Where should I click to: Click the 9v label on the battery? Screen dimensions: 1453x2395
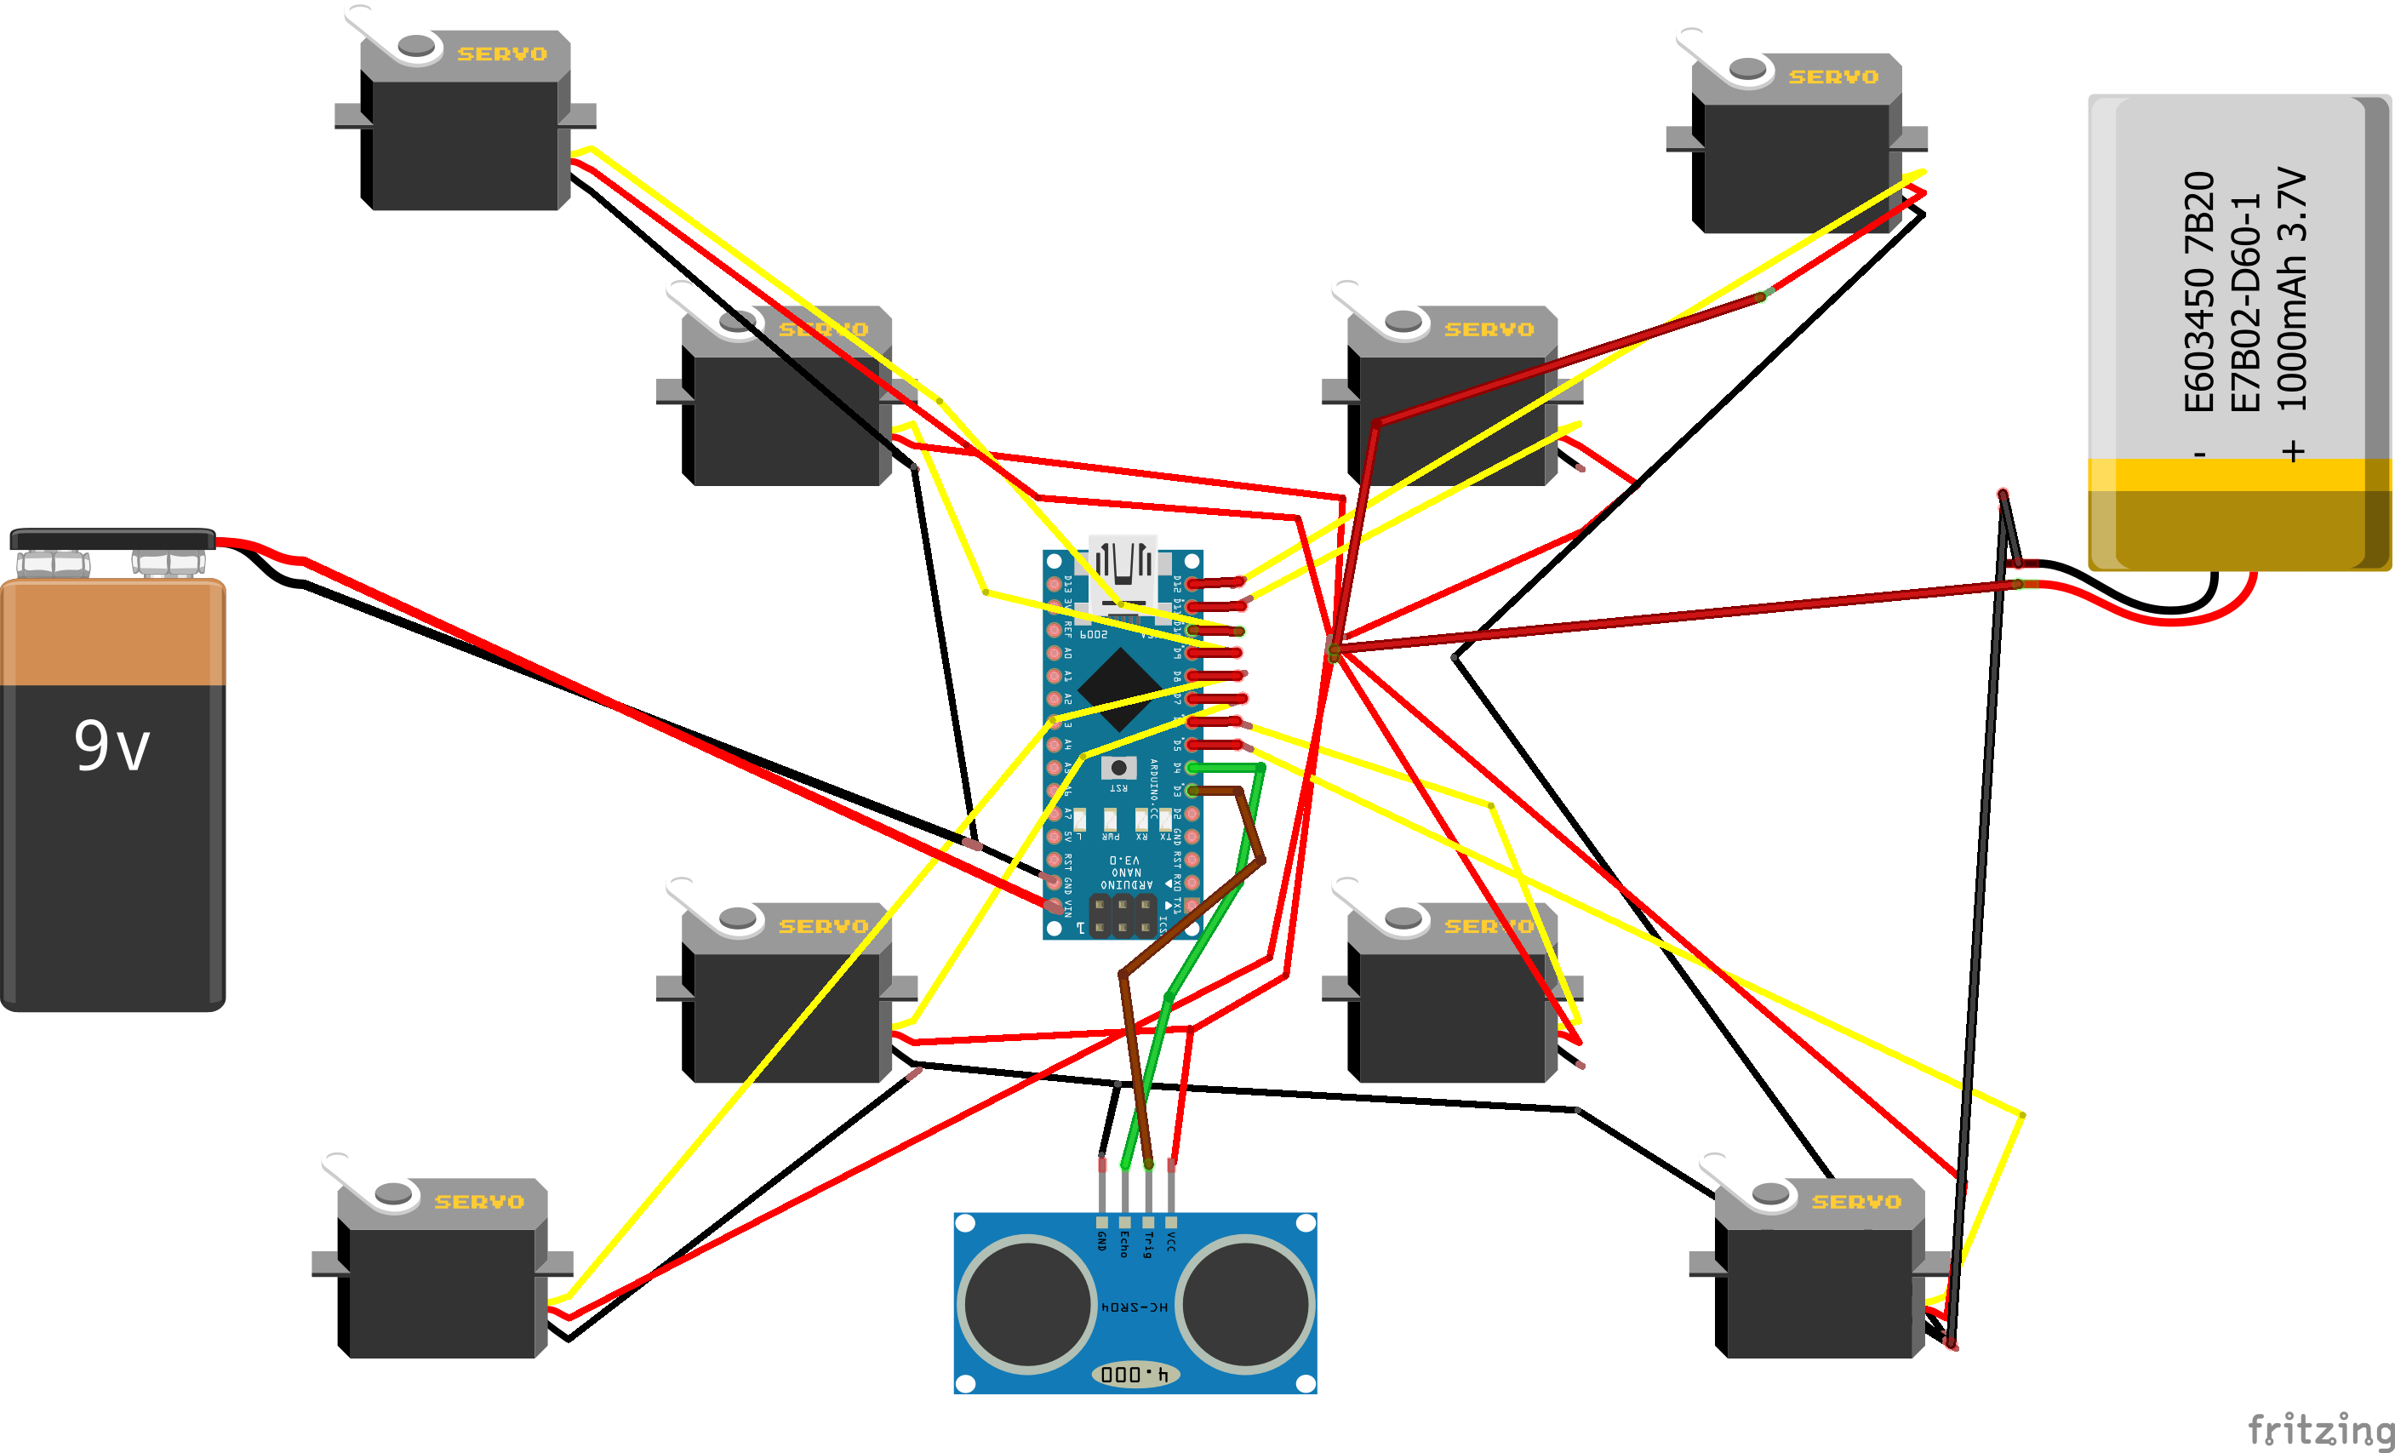(111, 747)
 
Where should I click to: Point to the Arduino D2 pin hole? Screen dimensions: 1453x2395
(1192, 814)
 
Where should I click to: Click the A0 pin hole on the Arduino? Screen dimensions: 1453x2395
(1054, 653)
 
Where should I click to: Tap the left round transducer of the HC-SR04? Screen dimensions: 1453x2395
(1027, 1304)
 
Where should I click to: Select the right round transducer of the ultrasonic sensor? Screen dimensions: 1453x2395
(1245, 1304)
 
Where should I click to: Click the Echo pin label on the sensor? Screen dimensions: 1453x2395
(1124, 1245)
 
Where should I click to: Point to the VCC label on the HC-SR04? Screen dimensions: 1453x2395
(1171, 1241)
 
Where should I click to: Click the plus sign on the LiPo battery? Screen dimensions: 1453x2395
(2294, 451)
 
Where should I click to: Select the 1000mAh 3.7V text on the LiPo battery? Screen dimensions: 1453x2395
(2292, 289)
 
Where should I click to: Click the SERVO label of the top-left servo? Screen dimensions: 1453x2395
(502, 54)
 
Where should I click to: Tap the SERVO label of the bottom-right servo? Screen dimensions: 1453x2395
(1856, 1202)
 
